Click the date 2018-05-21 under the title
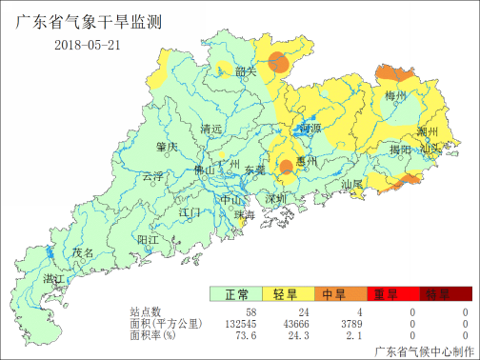point(87,45)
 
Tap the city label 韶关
point(247,71)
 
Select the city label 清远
point(210,129)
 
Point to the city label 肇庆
point(167,147)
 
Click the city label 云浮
point(152,176)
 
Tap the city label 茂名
point(84,253)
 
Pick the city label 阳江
point(148,239)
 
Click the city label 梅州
point(396,97)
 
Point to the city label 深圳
point(276,199)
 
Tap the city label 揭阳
point(400,150)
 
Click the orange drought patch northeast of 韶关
point(278,63)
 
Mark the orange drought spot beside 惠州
point(286,169)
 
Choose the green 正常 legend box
point(237,294)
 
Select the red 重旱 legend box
point(386,294)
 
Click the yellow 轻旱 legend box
point(287,294)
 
